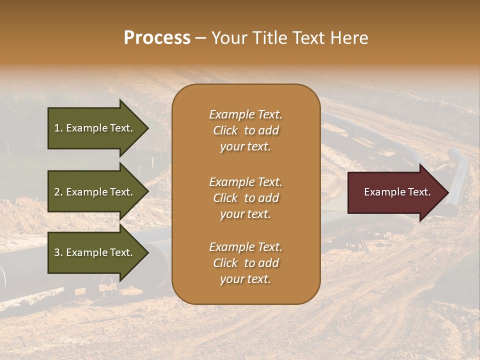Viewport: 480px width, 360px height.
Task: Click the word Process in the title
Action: [157, 38]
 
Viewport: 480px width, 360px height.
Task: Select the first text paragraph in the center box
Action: [245, 130]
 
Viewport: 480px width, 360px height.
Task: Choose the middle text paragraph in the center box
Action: [245, 198]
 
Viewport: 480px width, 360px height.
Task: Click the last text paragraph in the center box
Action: [245, 263]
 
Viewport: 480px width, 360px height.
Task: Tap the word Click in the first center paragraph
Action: [225, 130]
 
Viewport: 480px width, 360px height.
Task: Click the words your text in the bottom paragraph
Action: [245, 279]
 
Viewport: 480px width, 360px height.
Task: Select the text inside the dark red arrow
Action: [397, 192]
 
